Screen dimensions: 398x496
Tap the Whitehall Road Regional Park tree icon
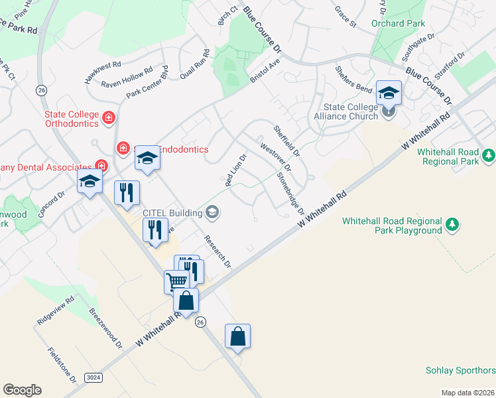point(489,155)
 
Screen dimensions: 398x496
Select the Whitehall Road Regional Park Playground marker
point(452,225)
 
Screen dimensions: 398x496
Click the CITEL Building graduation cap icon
point(213,212)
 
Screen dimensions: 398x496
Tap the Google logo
point(22,390)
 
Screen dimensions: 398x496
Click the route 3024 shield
point(95,377)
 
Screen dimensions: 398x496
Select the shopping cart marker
point(176,281)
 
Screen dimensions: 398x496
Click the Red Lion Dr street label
point(236,170)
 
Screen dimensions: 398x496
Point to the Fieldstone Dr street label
point(62,365)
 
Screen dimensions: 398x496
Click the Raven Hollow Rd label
point(127,77)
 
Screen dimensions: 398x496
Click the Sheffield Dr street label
point(287,140)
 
